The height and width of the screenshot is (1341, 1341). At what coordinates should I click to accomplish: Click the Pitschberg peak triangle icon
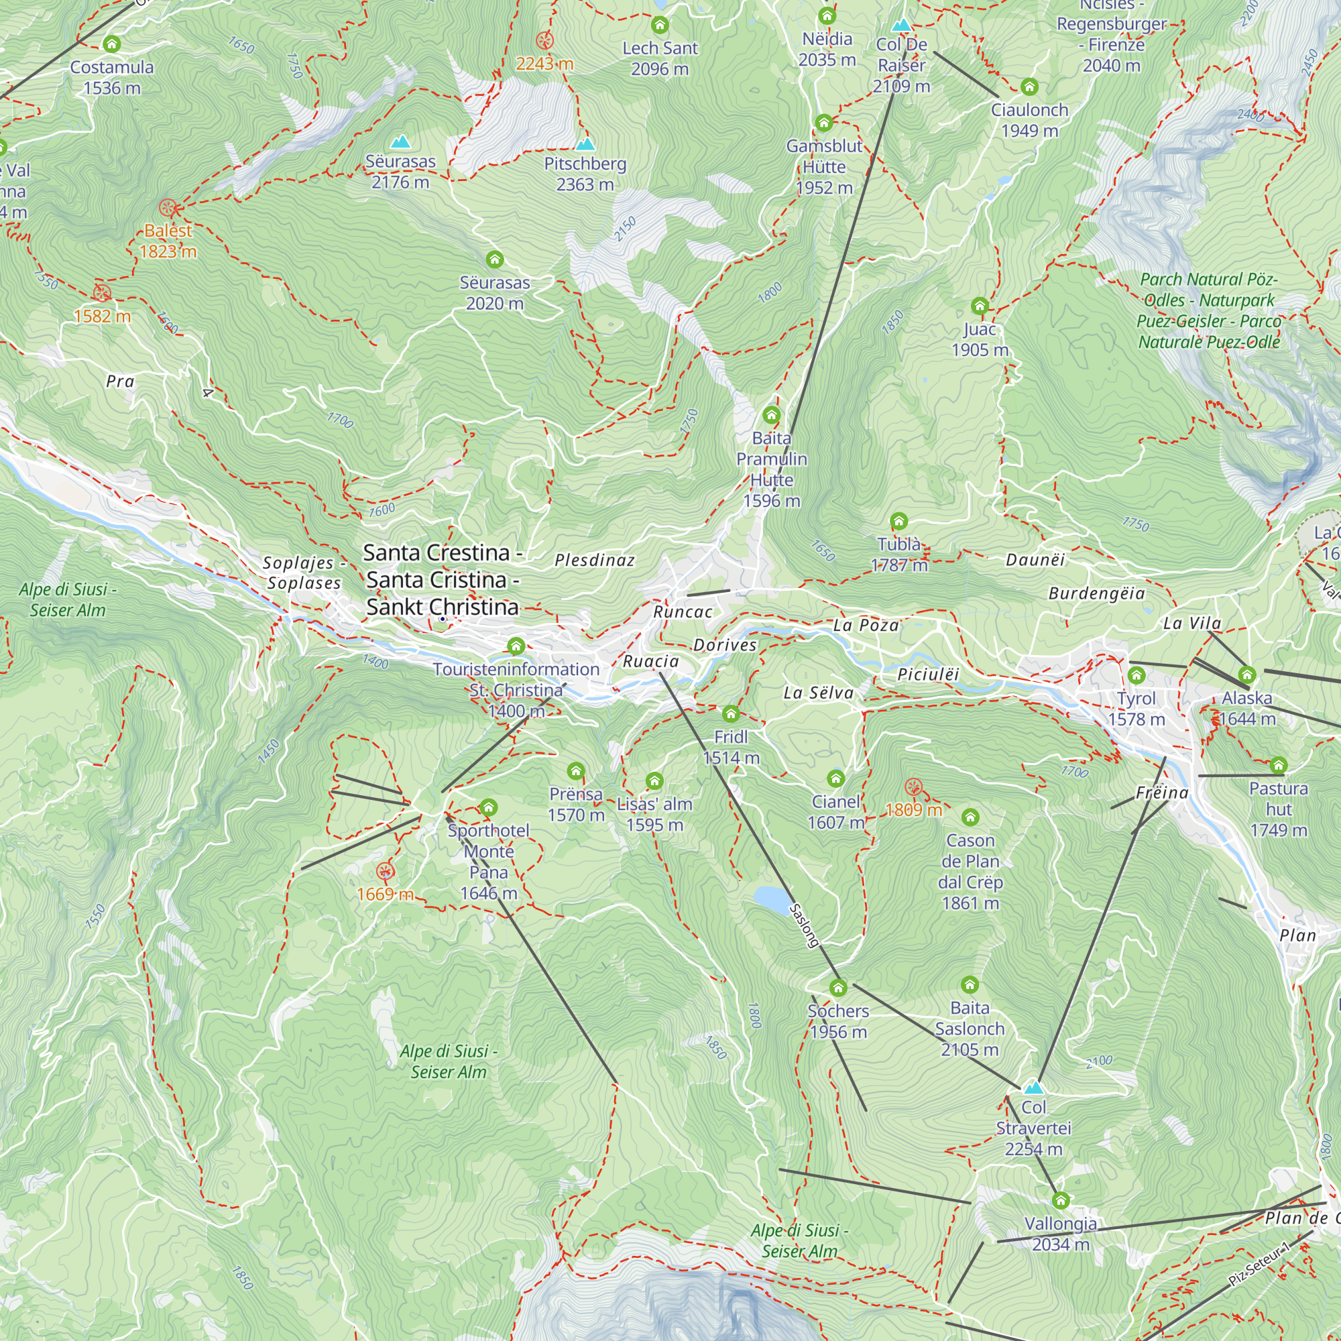[585, 144]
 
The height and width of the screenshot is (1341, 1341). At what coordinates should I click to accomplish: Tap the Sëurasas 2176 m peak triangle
[400, 142]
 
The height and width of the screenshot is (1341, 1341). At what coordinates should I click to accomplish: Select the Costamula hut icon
[112, 44]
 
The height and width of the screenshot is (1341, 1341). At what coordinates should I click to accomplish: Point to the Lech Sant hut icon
[659, 25]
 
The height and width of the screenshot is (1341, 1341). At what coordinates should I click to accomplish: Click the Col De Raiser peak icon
[901, 25]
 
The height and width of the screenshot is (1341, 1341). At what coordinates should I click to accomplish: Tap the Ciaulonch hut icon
[1029, 86]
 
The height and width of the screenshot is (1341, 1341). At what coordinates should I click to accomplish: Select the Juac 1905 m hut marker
[980, 306]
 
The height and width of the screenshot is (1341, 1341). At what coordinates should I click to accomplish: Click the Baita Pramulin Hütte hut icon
[771, 415]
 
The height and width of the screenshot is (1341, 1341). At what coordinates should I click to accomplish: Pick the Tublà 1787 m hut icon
[899, 521]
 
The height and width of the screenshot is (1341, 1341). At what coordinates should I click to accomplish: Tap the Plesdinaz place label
[595, 560]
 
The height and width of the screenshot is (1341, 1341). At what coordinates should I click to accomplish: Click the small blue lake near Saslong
[771, 898]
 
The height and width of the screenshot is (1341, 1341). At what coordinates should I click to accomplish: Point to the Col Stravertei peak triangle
[1033, 1087]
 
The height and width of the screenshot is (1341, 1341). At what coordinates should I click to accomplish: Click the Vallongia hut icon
[1060, 1200]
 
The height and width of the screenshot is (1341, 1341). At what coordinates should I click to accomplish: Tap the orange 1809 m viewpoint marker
[913, 786]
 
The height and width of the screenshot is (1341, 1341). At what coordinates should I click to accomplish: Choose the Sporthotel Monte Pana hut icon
[488, 807]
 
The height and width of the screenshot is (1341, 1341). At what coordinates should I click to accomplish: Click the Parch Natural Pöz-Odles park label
[1208, 310]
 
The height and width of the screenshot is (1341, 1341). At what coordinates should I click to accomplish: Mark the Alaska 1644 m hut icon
[1247, 675]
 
